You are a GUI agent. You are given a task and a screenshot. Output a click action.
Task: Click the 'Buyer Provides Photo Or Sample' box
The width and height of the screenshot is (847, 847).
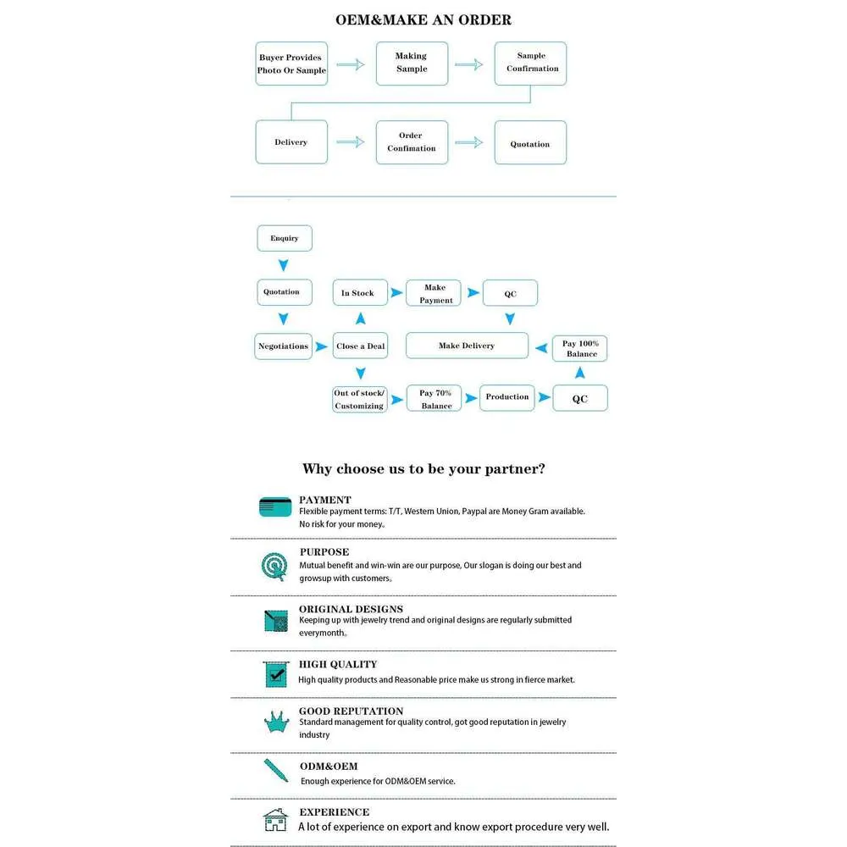291,64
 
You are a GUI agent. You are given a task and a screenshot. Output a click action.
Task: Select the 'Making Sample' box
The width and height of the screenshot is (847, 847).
412,63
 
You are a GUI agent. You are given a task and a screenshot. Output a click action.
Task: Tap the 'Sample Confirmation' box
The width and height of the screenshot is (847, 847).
531,63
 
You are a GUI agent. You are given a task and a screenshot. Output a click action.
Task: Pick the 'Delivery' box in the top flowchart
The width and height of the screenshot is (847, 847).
291,142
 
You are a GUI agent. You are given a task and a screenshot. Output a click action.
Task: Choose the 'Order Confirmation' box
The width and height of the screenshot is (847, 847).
412,142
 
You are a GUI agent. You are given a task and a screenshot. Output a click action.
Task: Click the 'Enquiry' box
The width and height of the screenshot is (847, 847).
285,238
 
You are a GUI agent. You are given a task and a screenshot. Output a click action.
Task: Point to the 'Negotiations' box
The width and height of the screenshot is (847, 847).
283,346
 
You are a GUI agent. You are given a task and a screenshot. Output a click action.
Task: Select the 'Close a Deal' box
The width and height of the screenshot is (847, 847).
360,346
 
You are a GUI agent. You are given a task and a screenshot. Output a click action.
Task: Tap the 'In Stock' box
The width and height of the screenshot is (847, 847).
359,293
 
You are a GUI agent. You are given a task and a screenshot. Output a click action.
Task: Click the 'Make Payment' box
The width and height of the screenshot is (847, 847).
435,293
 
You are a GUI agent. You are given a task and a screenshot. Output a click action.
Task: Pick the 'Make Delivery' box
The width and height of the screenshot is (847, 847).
467,346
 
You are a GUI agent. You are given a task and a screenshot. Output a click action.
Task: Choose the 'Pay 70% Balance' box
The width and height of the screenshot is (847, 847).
435,398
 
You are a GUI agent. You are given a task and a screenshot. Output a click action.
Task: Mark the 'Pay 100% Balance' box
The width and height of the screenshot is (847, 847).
581,348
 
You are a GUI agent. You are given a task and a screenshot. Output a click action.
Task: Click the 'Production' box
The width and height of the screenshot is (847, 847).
507,397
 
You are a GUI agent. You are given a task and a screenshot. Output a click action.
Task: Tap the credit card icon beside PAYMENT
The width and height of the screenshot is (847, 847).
275,507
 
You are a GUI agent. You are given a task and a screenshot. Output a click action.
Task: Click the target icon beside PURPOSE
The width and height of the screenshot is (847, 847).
274,565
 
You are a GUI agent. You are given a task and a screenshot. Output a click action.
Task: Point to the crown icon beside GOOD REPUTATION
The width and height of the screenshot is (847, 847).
275,722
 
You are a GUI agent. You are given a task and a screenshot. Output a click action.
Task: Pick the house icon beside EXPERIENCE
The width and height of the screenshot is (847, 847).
275,820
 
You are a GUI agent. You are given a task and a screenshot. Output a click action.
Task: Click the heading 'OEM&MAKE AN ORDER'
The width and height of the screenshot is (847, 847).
423,19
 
